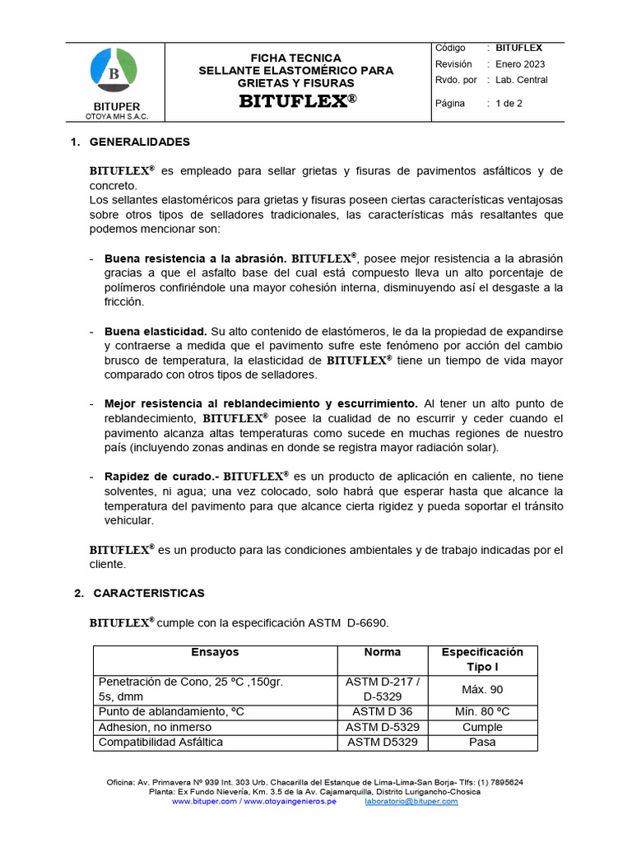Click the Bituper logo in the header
pos(114,72)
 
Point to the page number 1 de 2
pos(509,104)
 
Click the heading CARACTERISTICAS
pos(149,593)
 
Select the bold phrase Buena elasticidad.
pos(156,331)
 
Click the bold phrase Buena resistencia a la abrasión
pos(195,258)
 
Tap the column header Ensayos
pos(215,652)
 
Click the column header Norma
pos(383,652)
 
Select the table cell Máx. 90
pos(482,689)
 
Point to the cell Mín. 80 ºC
pos(482,711)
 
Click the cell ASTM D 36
pos(383,711)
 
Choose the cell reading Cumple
pos(482,727)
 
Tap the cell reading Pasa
pos(482,742)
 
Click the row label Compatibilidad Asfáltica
pos(160,742)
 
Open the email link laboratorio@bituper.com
pos(411,801)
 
